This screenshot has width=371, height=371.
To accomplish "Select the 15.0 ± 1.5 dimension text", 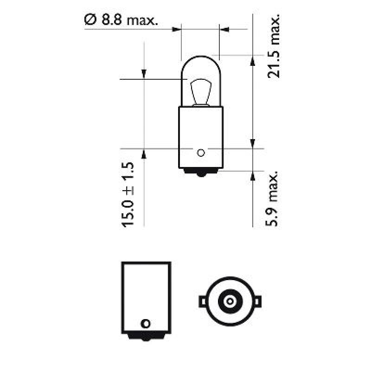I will [128, 195].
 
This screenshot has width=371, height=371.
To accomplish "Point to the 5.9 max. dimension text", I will [274, 198].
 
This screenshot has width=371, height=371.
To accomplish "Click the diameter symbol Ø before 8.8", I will [90, 20].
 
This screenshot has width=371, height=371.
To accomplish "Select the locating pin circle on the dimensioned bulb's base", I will [200, 152].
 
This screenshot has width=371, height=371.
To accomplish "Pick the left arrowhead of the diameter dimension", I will [176, 30].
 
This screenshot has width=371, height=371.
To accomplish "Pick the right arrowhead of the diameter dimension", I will [225, 30].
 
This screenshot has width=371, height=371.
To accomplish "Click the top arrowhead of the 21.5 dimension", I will [253, 60].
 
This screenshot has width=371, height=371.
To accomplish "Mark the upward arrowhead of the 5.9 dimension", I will [253, 175].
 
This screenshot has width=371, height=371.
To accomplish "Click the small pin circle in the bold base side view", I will [146, 323].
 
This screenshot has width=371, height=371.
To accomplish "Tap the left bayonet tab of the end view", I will [203, 301].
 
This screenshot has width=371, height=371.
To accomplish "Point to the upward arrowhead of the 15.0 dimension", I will [144, 154].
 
